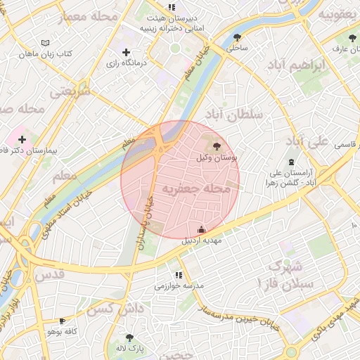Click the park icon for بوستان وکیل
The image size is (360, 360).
pos(215,146)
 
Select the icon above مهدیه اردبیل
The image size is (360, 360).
pos(202,229)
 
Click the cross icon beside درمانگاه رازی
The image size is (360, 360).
pos(126,52)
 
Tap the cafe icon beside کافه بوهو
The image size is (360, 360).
pos(63,321)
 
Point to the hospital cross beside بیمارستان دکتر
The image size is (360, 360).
pos(22,139)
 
